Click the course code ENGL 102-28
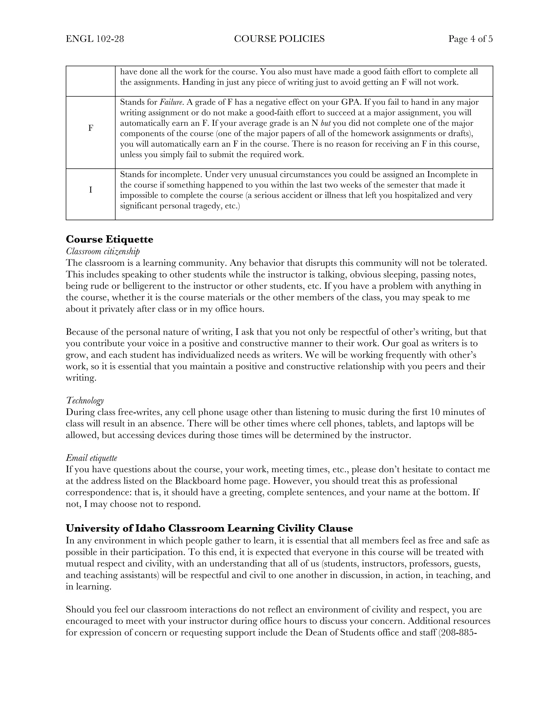coord(95,39)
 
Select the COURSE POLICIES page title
coord(279,39)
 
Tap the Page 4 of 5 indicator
coord(470,39)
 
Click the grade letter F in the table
coord(90,128)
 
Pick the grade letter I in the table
coord(90,190)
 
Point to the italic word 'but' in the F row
coord(326,123)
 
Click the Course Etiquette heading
coord(109,239)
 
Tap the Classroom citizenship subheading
coord(103,251)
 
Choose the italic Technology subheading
coord(85,401)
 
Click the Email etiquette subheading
coord(91,458)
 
